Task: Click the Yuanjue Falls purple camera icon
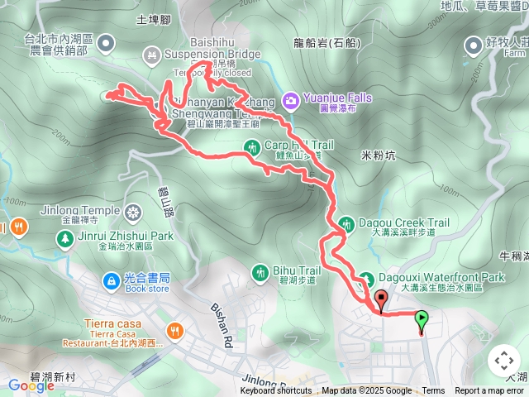pos(290,101)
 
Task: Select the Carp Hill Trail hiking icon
pos(252,147)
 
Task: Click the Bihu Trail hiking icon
pos(260,270)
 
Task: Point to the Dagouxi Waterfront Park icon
pos(365,279)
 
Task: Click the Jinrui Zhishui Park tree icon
pos(64,238)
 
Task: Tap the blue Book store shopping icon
pos(110,281)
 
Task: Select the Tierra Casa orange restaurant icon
pos(174,332)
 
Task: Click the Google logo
pos(31,385)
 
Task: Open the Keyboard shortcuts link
pos(276,391)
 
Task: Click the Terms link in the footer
pos(433,391)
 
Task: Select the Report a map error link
pos(489,391)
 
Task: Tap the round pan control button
pos(503,361)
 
